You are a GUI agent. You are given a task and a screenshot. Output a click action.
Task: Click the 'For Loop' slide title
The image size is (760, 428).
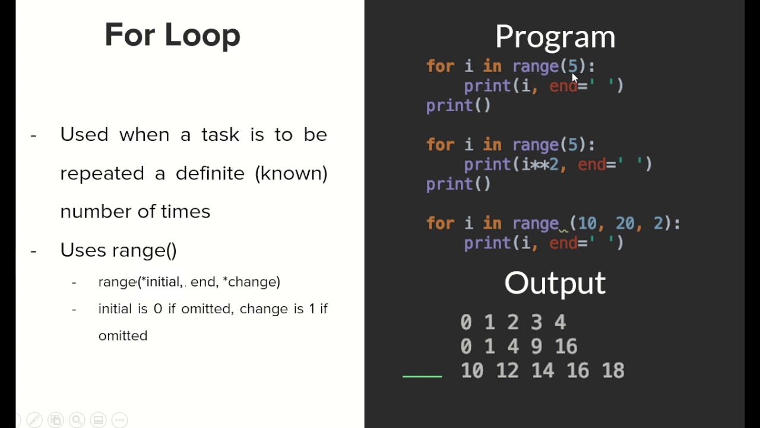point(172,35)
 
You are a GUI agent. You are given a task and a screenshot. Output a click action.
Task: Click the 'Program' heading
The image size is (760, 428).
point(555,37)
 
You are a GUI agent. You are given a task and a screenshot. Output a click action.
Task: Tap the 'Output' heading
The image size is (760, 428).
point(555,283)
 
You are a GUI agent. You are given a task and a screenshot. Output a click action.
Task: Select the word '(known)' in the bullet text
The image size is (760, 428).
point(291,173)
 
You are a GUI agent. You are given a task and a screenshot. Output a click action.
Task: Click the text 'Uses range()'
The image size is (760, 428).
point(118,250)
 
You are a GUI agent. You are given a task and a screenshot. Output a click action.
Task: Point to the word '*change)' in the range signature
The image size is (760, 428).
point(251,282)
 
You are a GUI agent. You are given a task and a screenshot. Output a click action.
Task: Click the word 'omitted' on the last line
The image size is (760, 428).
point(123,335)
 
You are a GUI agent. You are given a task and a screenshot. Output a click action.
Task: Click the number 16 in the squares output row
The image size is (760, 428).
point(566,346)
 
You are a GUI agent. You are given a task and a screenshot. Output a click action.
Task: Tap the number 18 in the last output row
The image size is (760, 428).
point(613,370)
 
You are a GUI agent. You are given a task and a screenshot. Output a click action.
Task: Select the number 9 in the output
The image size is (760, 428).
point(537,346)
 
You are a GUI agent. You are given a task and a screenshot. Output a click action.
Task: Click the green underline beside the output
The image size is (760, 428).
point(422,376)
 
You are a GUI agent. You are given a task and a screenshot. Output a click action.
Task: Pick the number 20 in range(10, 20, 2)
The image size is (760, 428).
point(625,224)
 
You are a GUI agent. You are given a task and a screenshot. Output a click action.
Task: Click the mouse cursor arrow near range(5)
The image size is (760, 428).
point(574,77)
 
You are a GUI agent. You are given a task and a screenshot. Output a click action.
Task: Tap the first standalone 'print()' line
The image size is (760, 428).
point(458,106)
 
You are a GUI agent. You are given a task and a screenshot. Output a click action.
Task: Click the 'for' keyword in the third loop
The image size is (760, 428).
point(440,224)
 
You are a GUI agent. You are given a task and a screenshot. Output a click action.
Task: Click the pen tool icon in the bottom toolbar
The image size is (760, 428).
point(34,420)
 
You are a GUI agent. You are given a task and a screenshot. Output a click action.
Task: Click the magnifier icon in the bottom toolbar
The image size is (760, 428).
point(77,420)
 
